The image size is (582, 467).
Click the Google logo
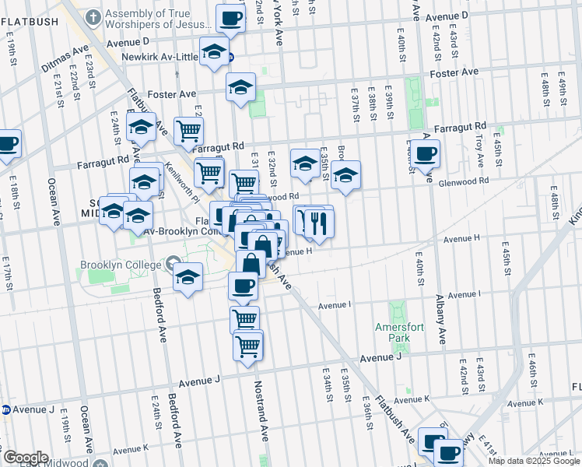(25, 458)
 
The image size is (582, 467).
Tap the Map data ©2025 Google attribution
(533, 461)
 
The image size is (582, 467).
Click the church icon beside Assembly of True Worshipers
(93, 16)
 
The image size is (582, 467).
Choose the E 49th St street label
(563, 93)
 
